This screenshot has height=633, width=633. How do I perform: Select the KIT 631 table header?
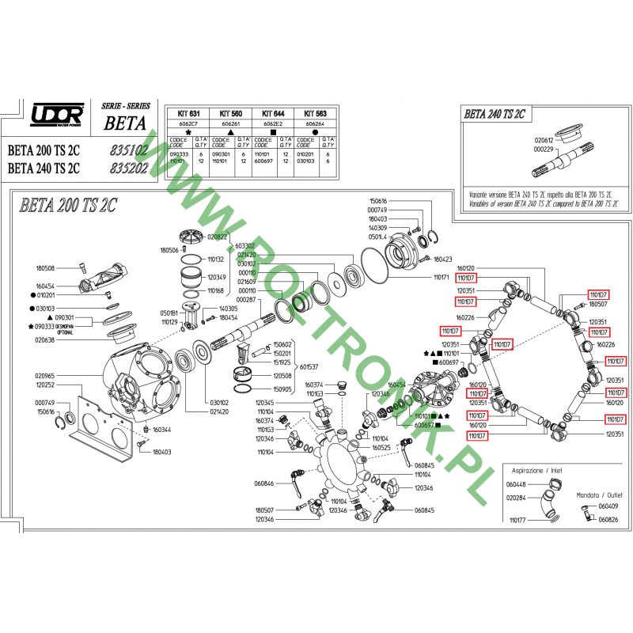(x=188, y=114)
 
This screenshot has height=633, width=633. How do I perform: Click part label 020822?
(x=218, y=237)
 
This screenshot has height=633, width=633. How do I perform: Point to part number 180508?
(x=46, y=267)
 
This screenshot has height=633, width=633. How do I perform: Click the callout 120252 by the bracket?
(x=45, y=384)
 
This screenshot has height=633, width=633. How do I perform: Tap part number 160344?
(x=162, y=430)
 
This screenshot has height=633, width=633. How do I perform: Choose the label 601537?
(x=309, y=366)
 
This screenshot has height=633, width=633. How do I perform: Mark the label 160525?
(x=381, y=447)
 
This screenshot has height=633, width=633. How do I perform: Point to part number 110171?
(x=441, y=277)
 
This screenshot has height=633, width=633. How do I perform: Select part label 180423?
(x=442, y=259)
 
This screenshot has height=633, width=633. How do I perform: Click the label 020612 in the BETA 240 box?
(x=544, y=139)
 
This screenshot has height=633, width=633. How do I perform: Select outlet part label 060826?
(x=608, y=520)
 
